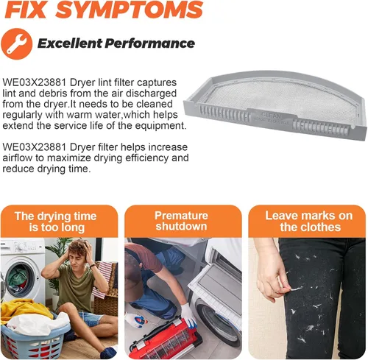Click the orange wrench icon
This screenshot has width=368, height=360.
17,43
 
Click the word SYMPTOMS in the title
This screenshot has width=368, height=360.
130,10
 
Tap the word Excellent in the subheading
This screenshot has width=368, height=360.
70,43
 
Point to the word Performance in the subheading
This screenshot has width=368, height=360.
150,43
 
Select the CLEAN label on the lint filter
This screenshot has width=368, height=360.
271,115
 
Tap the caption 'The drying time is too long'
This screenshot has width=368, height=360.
56,222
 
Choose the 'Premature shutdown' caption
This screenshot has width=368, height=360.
182,221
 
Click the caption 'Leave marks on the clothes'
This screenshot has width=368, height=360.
310,222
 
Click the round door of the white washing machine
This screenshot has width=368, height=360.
20,278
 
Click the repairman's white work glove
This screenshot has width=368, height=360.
188,315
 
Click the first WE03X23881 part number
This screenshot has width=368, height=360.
35,82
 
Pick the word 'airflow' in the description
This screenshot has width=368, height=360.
17,158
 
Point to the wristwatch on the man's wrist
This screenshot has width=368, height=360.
92,266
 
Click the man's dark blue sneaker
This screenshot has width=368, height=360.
108,352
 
